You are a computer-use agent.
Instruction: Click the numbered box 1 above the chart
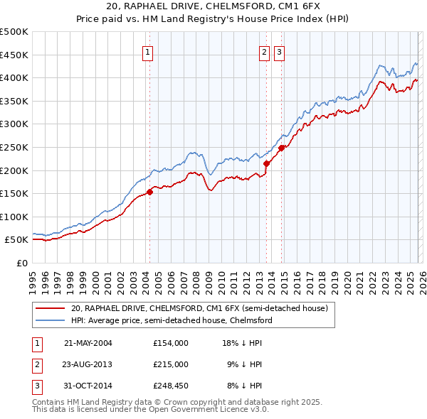[147, 52]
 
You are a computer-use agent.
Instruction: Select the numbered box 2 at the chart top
[264, 52]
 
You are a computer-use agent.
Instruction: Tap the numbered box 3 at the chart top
[279, 52]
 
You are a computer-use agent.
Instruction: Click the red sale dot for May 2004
[150, 192]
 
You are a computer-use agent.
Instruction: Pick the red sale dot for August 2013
[267, 163]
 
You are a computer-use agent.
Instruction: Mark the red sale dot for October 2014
[282, 148]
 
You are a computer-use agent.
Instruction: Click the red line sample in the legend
[51, 309]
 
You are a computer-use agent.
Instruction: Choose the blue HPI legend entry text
[172, 320]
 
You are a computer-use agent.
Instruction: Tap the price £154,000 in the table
[170, 343]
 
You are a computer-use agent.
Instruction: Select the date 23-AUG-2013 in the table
[88, 364]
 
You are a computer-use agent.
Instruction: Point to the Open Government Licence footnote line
[150, 410]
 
